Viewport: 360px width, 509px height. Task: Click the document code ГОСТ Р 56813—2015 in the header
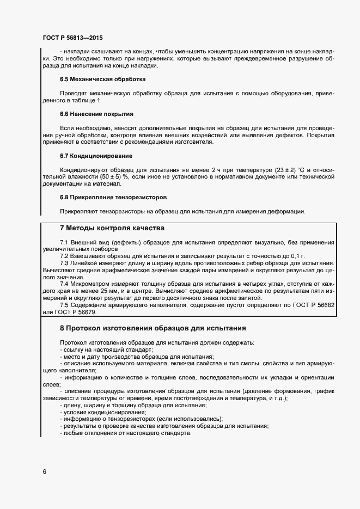72,38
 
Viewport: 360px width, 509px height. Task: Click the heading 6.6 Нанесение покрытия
96,114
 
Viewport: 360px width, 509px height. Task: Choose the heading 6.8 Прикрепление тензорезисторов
113,197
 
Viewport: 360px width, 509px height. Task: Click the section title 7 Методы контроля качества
111,228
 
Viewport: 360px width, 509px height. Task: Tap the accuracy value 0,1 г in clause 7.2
294,255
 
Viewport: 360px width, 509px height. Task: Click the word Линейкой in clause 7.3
84,262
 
